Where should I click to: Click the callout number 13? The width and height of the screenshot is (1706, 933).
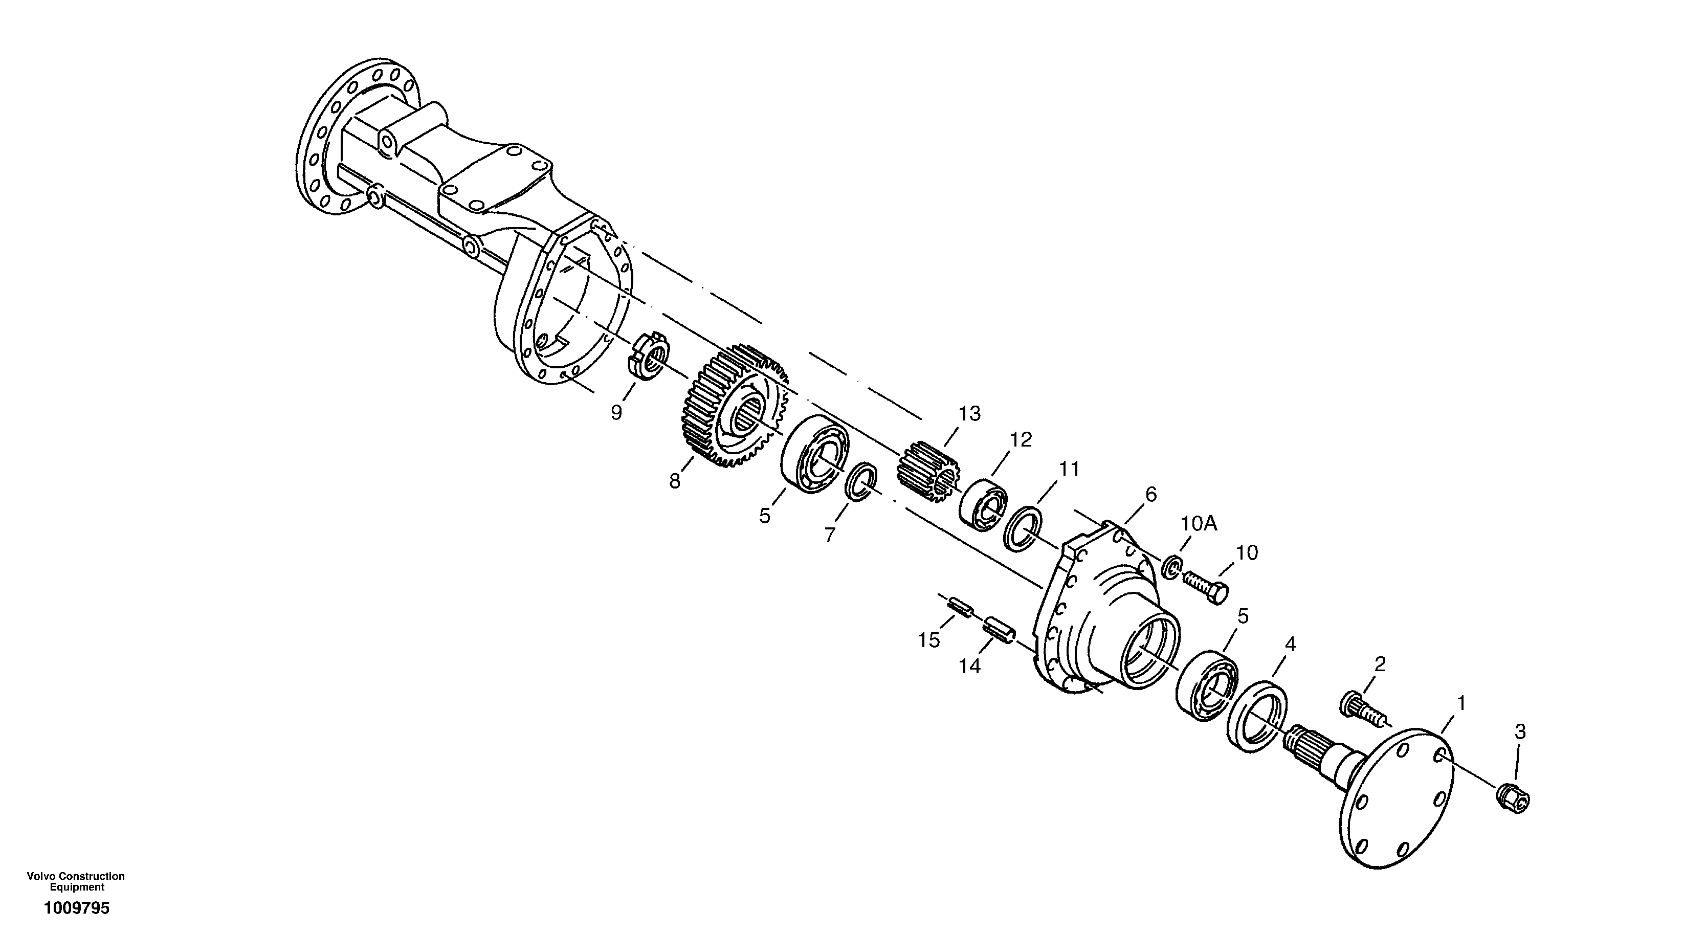969,414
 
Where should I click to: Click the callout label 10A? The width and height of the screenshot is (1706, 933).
1199,524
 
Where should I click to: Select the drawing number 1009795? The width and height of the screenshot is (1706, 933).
77,908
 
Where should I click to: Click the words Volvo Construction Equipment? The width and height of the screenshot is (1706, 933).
76,881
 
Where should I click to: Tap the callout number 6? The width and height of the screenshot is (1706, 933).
1150,494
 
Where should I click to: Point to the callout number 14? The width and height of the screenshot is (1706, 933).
970,667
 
